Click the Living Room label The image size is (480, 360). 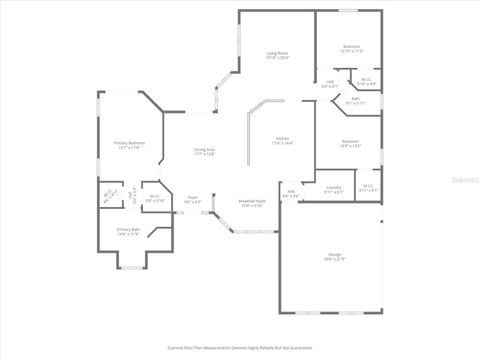[277, 56]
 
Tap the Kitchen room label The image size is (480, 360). [283, 141]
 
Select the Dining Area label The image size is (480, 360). [205, 151]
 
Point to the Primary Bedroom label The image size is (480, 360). [129, 145]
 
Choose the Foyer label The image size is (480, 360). [193, 199]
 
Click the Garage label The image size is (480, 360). [333, 257]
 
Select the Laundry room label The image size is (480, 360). [334, 189]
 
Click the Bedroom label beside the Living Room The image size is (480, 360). [352, 48]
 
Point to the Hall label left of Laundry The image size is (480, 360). [290, 193]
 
